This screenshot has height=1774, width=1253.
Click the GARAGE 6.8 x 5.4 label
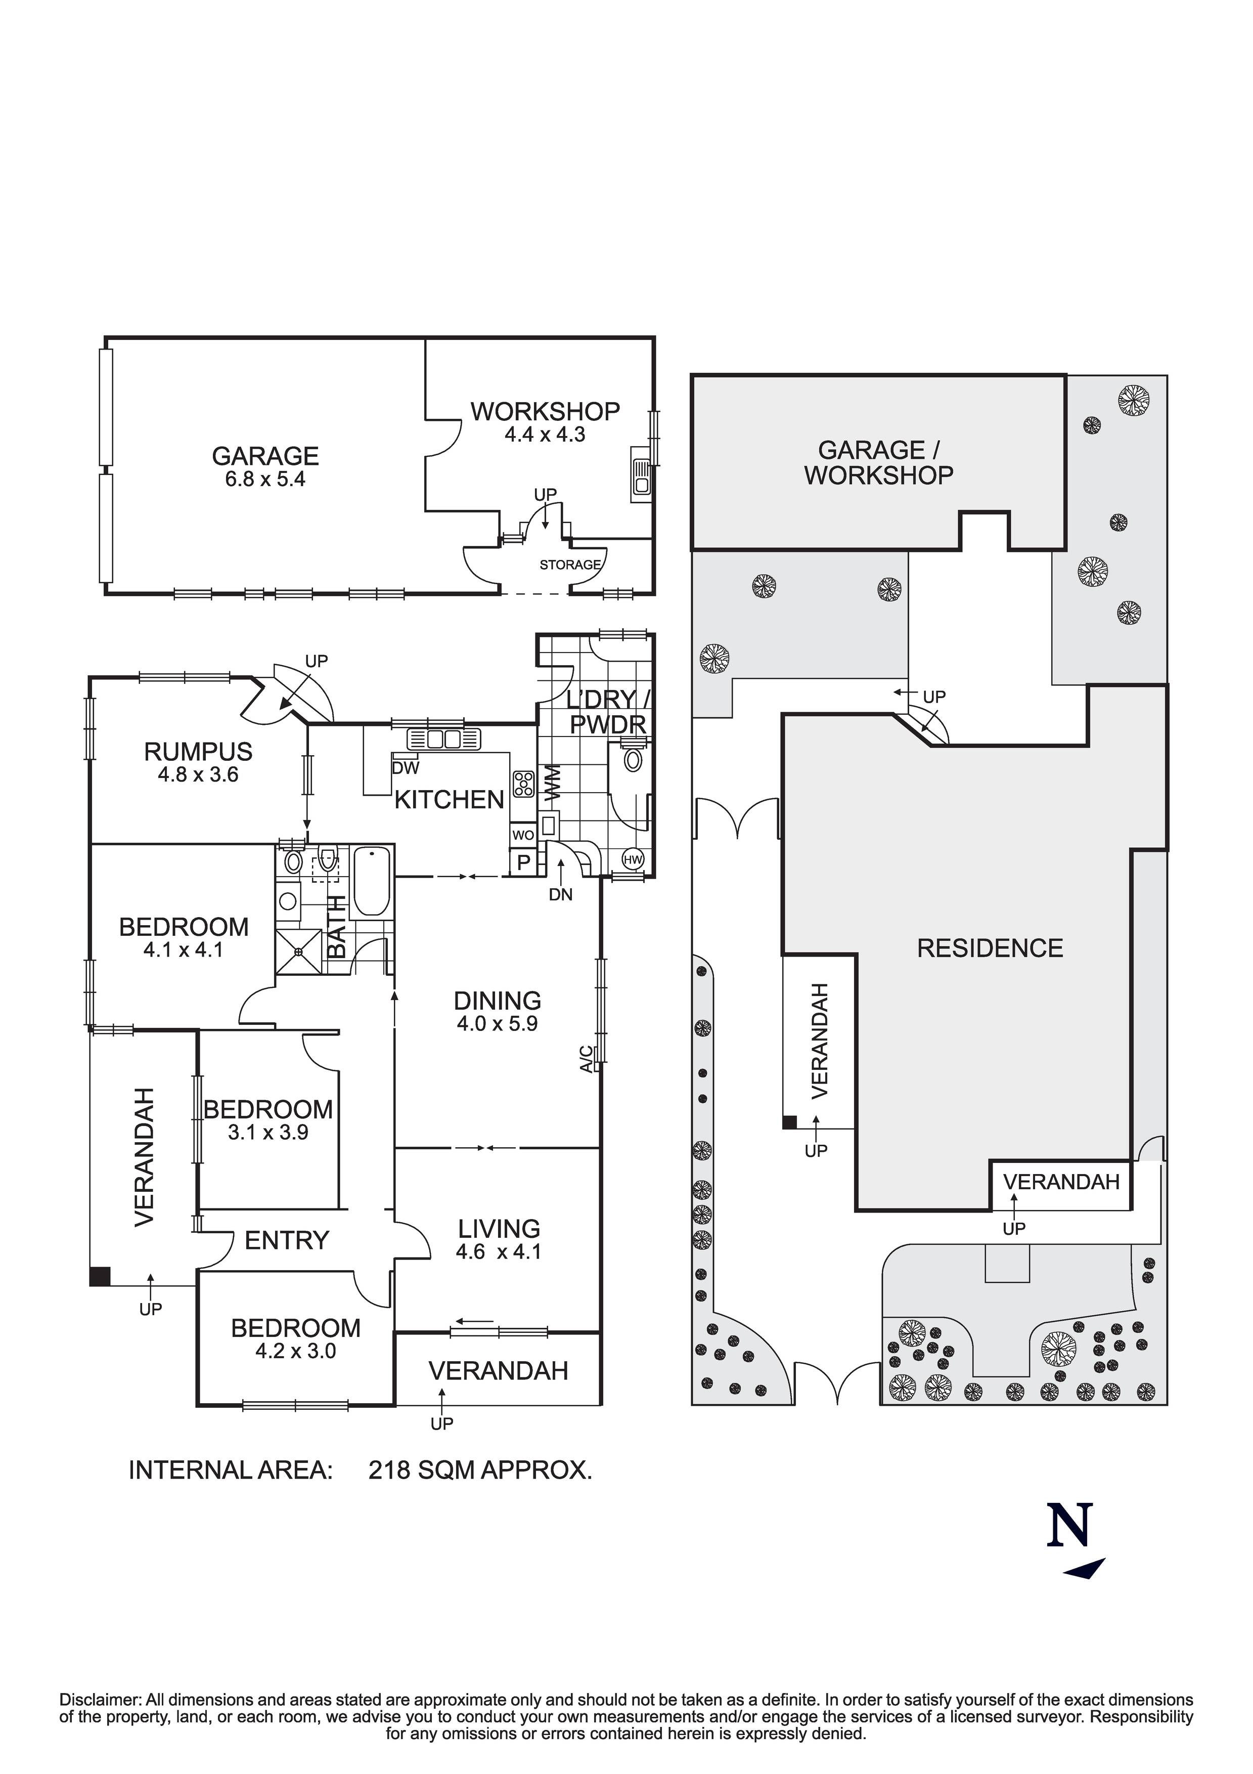(265, 466)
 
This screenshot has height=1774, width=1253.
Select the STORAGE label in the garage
(569, 565)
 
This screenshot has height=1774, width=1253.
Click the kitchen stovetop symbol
(523, 784)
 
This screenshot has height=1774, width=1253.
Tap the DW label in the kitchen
(405, 768)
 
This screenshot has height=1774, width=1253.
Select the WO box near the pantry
(523, 835)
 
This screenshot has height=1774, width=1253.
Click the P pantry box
(523, 862)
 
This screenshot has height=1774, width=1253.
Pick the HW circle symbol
(633, 859)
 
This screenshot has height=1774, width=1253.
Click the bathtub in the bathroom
(372, 881)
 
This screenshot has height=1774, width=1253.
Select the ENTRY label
(287, 1240)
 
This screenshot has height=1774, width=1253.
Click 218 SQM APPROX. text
(480, 1469)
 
